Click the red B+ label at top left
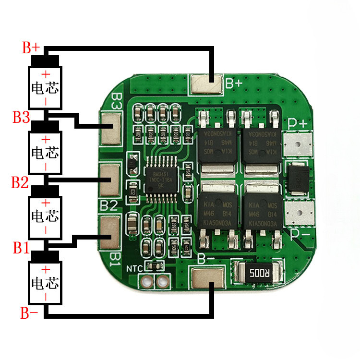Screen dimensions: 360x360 pos(31,48)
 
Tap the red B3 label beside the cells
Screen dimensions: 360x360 pos(22,117)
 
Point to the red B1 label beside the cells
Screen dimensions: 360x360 pos(22,248)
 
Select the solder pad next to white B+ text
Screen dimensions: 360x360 pos(207,84)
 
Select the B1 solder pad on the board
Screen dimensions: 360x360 pos(110,233)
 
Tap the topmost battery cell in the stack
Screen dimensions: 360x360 pos(46,84)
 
